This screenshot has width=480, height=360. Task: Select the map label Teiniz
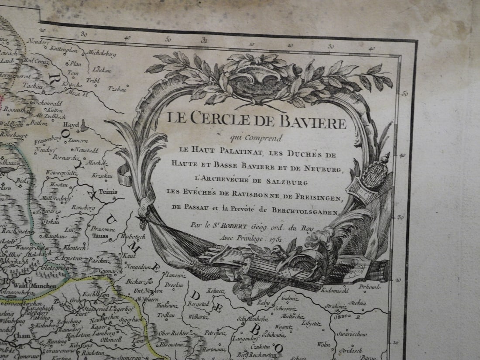(108, 191)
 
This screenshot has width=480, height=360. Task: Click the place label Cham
(21, 336)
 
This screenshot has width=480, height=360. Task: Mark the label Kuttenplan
(64, 50)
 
